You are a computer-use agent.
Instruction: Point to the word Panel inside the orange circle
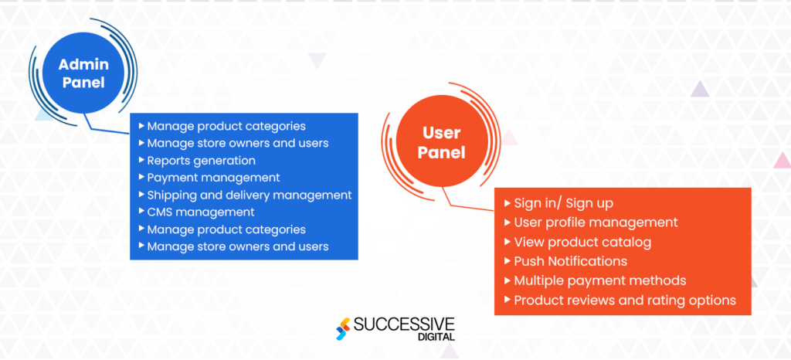[442, 153]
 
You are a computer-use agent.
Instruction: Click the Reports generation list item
[201, 161]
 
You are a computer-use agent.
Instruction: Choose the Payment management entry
[213, 178]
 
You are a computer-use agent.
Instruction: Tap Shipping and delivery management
[249, 195]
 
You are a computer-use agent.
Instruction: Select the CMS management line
[200, 212]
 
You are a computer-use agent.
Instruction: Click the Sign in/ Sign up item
[563, 203]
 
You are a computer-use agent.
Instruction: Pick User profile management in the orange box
[596, 222]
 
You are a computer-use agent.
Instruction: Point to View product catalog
[582, 242]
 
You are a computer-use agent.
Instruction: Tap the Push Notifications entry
[570, 261]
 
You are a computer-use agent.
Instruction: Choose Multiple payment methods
[599, 280]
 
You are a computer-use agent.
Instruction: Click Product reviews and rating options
[624, 300]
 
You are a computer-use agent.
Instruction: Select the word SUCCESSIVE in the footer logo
[404, 324]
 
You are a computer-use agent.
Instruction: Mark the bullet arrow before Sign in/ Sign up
[507, 203]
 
